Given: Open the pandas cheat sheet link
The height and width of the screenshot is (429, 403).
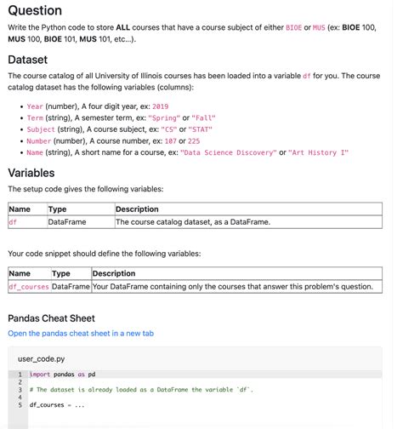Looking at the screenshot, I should point(81,334).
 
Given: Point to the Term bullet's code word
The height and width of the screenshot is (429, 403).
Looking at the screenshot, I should point(35,117).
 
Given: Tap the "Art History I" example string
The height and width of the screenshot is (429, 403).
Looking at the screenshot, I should point(319,153).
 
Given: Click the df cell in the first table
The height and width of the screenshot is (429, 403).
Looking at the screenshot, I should point(13,222).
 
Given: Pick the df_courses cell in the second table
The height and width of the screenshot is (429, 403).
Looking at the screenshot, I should point(29,287).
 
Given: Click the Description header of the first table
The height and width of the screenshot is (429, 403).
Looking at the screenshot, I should point(137,209).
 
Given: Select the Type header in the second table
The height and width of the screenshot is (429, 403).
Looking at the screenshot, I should point(61,274).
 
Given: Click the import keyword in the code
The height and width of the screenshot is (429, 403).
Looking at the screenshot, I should point(40,375).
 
